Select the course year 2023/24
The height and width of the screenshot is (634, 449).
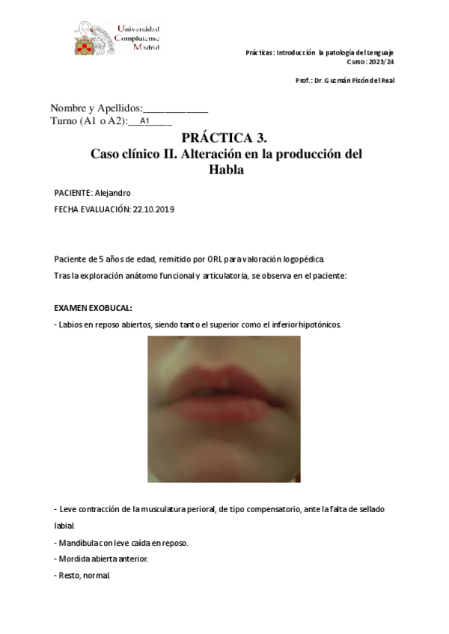(x=380, y=62)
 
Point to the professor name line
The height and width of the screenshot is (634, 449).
(x=345, y=81)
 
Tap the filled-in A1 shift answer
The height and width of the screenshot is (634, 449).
(x=145, y=120)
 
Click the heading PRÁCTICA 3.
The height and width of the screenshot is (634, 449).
(x=224, y=138)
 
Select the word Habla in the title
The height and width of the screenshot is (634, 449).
(x=226, y=170)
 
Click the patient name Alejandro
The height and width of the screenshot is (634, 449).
(x=113, y=193)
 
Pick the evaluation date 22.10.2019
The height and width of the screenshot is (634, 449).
(x=153, y=210)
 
